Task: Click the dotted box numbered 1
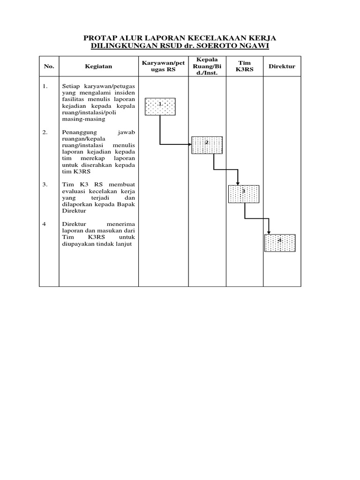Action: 160,106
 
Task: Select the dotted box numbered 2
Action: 207,145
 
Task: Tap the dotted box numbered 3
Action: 243,194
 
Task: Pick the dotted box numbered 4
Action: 280,243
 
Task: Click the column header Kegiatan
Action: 98,67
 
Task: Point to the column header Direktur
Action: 282,67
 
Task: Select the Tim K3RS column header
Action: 244,67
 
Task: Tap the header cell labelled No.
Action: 49,67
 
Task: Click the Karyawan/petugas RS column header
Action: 163,67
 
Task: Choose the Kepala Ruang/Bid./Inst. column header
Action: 207,67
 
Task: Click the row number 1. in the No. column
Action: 45,87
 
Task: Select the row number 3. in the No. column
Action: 45,185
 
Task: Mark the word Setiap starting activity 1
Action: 70,87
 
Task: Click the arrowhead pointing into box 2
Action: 189,144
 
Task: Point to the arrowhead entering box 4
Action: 269,232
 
